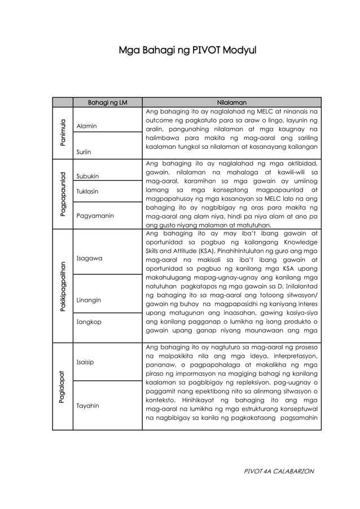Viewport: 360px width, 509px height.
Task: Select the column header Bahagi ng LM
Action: (x=107, y=102)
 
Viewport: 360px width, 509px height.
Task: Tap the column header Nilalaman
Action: (x=231, y=102)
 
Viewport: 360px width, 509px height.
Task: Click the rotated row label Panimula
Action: (x=63, y=133)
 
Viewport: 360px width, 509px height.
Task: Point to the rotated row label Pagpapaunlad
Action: (x=63, y=194)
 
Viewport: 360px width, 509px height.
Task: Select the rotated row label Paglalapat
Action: (x=63, y=386)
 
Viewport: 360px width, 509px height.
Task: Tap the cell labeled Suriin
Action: (x=85, y=152)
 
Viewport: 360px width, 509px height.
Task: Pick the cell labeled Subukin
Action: (x=88, y=177)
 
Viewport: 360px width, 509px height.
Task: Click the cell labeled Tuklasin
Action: (x=87, y=191)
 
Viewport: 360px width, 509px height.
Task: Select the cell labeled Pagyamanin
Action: (x=95, y=216)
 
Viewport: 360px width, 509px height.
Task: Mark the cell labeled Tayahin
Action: (x=88, y=405)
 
